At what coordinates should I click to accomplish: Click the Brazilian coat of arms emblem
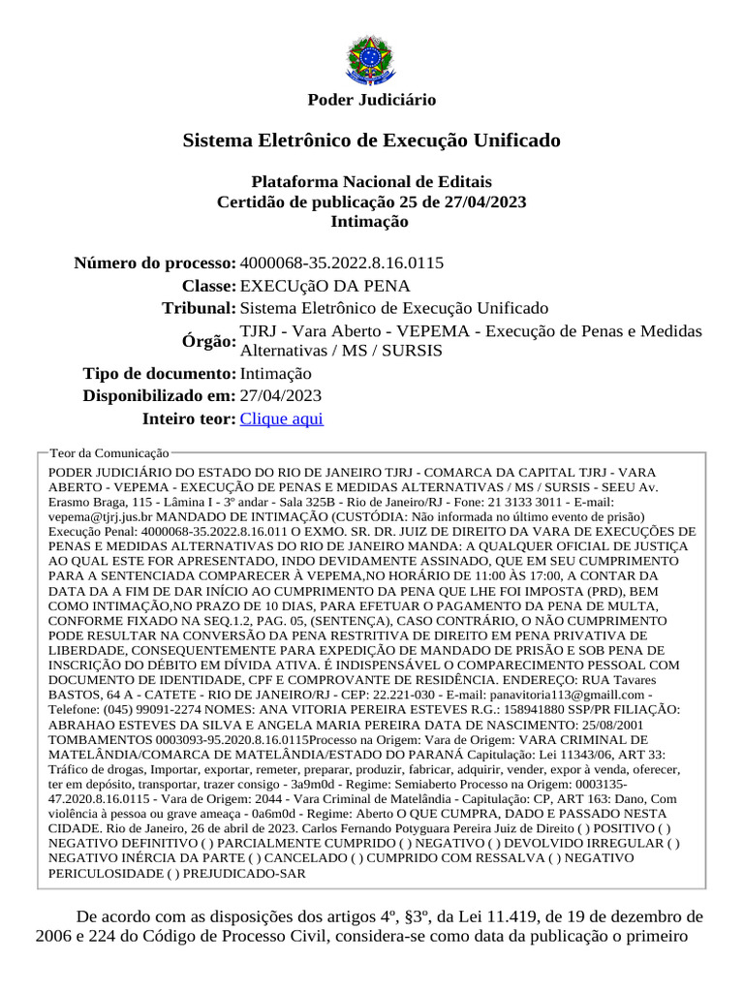371,59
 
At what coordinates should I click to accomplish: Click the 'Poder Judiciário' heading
371,100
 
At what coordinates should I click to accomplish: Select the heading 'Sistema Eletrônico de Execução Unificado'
371,140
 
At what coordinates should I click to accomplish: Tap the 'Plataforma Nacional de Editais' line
371,182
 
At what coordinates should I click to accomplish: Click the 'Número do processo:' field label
155,263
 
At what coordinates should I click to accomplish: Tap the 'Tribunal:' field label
199,308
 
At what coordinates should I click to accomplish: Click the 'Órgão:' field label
208,341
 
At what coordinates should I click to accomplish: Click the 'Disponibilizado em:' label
159,395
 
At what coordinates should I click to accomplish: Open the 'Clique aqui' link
281,418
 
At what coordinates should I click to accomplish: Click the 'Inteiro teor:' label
188,418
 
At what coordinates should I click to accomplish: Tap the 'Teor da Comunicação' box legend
108,452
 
